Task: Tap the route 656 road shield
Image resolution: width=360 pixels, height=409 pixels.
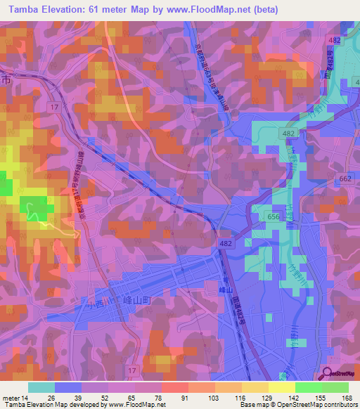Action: click(274, 218)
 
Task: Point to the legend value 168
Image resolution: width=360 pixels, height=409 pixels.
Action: click(346, 398)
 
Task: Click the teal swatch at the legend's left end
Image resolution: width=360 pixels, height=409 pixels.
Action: click(41, 387)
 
